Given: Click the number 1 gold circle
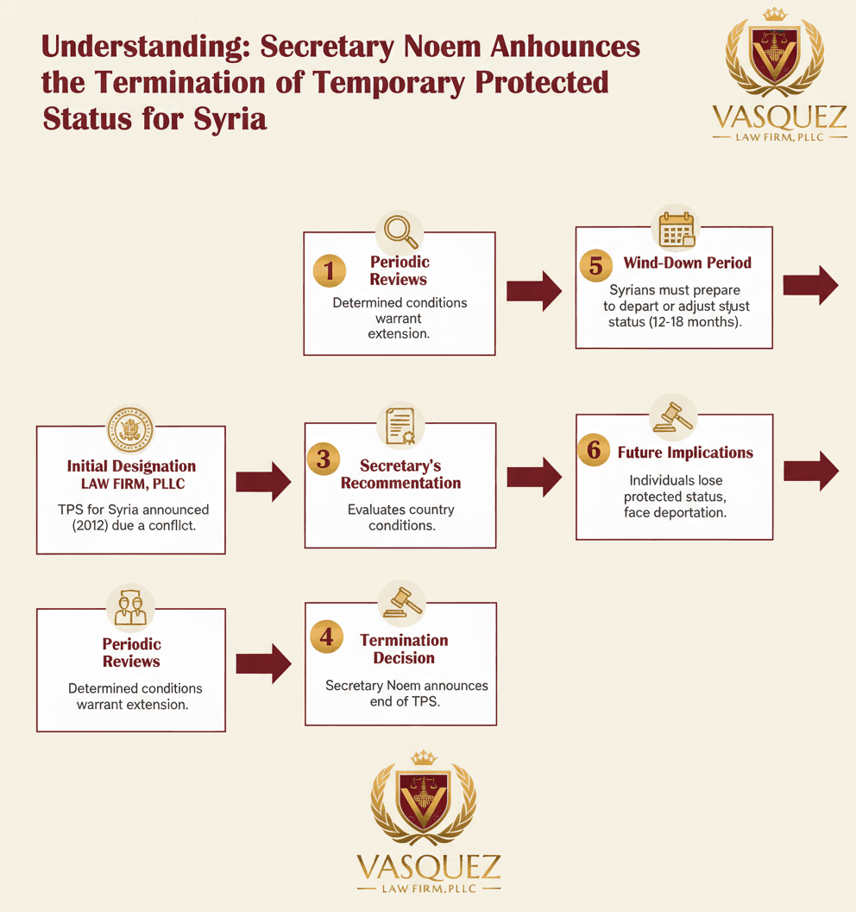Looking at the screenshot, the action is coord(330,271).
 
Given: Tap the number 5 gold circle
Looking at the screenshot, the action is coord(595,266).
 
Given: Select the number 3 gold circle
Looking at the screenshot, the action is coord(324,459).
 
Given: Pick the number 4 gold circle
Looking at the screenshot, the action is coord(326,636).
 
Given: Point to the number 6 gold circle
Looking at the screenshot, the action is coord(594,450).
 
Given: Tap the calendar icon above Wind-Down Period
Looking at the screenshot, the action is coord(677,229).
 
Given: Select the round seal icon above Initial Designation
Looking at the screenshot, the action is coord(130,430).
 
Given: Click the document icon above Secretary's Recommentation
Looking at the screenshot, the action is coord(400,426).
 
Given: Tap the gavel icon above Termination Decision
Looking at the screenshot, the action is coord(401,603).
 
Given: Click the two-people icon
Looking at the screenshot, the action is coord(131,608).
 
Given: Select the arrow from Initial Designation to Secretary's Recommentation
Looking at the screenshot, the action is coord(263,482).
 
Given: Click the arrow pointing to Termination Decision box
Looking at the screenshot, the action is coord(263,663).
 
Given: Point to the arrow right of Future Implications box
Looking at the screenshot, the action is coord(811,472).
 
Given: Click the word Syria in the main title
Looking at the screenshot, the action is coord(230,119).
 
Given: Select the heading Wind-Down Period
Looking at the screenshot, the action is coord(688,263).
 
